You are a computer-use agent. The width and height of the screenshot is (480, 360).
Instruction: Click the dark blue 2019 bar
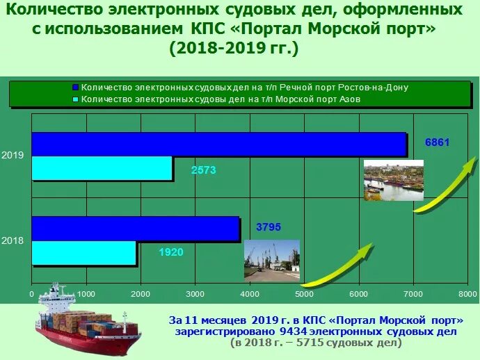pos(218,144)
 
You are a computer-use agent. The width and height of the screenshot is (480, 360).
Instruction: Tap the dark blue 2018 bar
pos(136,229)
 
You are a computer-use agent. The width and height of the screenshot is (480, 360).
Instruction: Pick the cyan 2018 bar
pos(83,253)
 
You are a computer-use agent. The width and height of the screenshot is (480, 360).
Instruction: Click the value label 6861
pos(438,142)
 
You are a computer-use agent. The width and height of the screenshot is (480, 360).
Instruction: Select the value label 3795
pos(269,227)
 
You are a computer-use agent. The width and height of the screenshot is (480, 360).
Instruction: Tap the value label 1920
pos(170,252)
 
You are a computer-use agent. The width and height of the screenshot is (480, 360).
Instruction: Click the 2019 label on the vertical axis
pos(13,156)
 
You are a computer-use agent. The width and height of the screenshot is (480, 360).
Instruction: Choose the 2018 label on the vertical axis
pos(13,240)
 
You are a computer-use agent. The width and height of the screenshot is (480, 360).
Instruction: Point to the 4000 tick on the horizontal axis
pos(249,295)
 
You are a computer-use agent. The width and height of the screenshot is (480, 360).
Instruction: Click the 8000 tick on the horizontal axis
pos(467,295)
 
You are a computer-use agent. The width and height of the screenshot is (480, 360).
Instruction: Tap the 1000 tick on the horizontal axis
pos(86,295)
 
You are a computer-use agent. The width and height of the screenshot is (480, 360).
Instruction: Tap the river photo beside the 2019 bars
pos(393,179)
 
